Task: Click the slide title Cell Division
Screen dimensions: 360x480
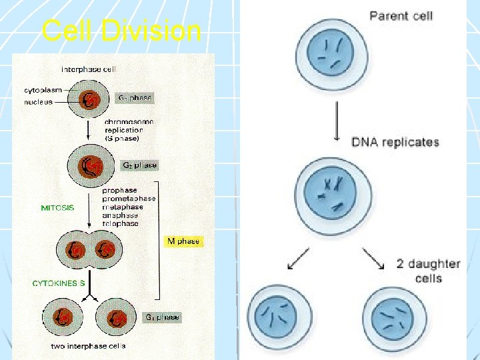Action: pyautogui.click(x=121, y=31)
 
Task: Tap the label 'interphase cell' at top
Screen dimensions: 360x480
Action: pyautogui.click(x=89, y=69)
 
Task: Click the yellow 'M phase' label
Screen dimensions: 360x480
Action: pyautogui.click(x=183, y=241)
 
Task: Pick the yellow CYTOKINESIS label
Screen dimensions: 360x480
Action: pyautogui.click(x=59, y=283)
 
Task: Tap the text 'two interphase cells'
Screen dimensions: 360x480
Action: pyautogui.click(x=88, y=346)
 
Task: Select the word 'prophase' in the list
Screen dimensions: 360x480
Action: pyautogui.click(x=121, y=189)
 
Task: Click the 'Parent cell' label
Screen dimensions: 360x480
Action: pyautogui.click(x=401, y=15)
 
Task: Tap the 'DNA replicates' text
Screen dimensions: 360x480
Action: pyautogui.click(x=395, y=142)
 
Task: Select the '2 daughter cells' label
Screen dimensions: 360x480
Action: pyautogui.click(x=429, y=271)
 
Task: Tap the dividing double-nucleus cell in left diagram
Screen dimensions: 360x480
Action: pyautogui.click(x=91, y=250)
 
